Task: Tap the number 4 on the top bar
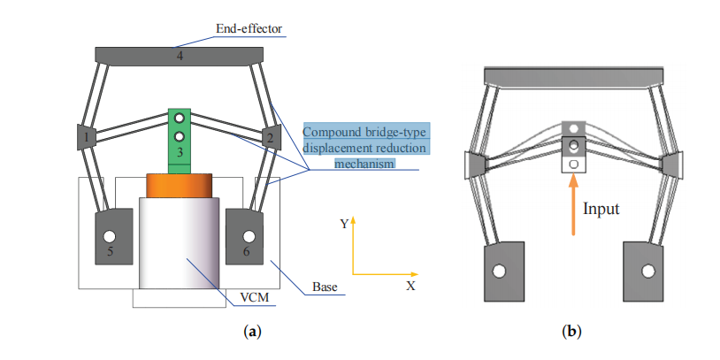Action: click(x=180, y=57)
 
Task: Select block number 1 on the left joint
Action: click(x=86, y=137)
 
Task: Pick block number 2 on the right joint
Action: click(x=269, y=137)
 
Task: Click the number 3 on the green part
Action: click(x=180, y=153)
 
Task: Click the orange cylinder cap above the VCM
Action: click(x=180, y=186)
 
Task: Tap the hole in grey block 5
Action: click(x=110, y=236)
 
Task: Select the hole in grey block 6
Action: click(x=249, y=236)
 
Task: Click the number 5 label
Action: click(x=110, y=252)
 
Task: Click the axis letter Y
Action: click(x=344, y=224)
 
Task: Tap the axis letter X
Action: click(x=410, y=287)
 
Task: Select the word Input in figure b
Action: click(x=601, y=209)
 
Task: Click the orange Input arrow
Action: click(x=573, y=205)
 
